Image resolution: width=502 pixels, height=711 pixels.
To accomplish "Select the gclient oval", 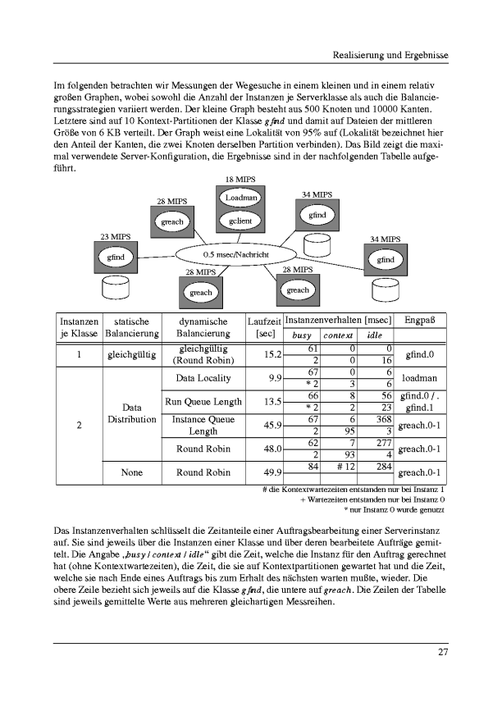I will (240, 221).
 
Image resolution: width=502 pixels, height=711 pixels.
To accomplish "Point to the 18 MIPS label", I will (240, 180).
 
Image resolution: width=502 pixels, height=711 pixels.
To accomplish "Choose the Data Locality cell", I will (203, 378).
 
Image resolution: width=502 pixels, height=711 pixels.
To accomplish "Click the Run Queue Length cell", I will (203, 401).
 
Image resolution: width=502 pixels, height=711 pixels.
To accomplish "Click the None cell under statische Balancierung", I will (131, 472).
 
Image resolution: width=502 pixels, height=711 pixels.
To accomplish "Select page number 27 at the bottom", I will (442, 653).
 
